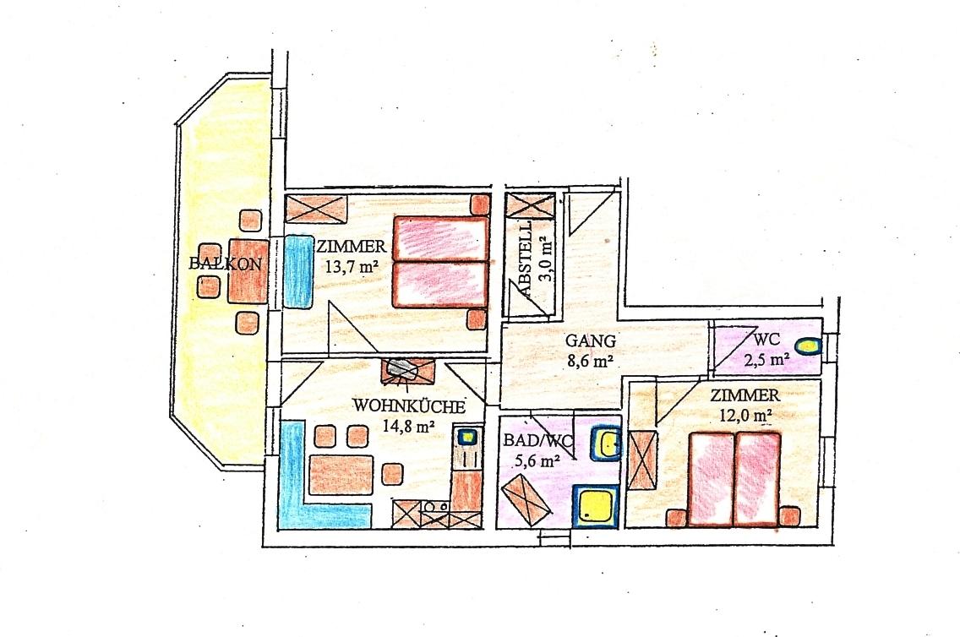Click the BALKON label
click(x=226, y=264)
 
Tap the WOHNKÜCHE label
click(x=409, y=406)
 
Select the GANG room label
click(x=590, y=340)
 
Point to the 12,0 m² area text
click(x=745, y=416)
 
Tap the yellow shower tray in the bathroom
click(x=595, y=506)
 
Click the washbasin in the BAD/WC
click(x=606, y=443)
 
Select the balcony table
click(x=248, y=271)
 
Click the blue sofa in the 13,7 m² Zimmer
click(x=299, y=272)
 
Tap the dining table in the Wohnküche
click(x=341, y=474)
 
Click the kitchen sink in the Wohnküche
click(x=468, y=436)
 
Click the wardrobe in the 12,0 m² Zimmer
click(x=643, y=460)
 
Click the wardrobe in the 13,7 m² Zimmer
click(x=317, y=210)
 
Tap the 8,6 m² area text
click(x=590, y=361)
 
